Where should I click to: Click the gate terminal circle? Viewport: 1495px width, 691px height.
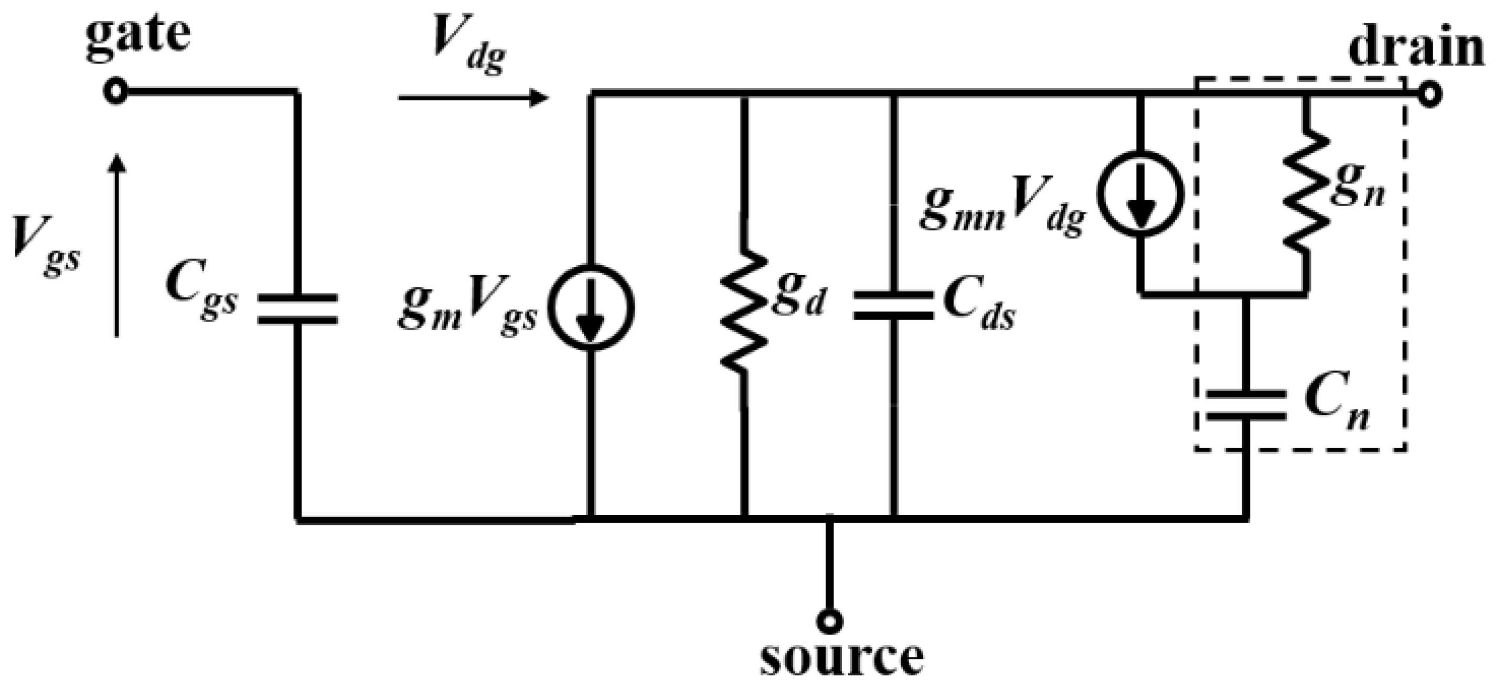pos(116,92)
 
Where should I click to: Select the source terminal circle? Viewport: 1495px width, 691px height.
pos(829,622)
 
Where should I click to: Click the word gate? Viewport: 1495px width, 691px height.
pos(138,36)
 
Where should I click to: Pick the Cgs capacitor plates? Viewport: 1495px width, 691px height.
pos(297,309)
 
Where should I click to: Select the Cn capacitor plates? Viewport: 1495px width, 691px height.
pos(1245,405)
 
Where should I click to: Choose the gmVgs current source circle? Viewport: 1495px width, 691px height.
pos(591,308)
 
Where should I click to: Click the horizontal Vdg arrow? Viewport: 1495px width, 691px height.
pos(473,98)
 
